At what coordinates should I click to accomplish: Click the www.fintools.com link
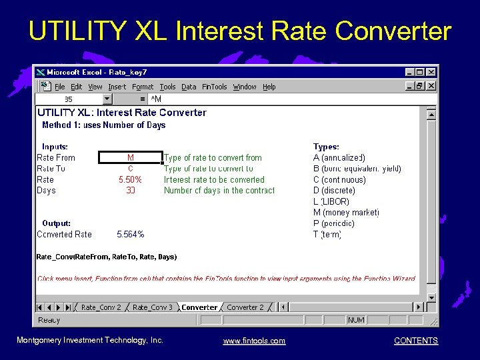tap(254, 341)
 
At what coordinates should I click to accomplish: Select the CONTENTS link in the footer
tap(416, 341)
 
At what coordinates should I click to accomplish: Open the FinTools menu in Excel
tap(215, 87)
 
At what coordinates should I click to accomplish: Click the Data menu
tap(189, 87)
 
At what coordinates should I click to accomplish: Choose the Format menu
tap(143, 87)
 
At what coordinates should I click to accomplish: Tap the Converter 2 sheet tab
tap(245, 307)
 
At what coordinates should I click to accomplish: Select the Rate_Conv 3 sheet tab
tap(153, 307)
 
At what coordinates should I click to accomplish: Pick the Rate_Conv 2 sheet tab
tap(101, 307)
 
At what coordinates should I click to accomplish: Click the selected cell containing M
tap(131, 158)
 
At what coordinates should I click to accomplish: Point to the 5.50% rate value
tap(131, 179)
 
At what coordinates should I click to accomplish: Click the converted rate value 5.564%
tap(131, 234)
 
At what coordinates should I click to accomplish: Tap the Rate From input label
tap(56, 158)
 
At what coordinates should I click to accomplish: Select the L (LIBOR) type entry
tap(331, 201)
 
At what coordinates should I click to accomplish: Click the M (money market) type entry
tap(346, 213)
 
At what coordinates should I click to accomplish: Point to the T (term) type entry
tap(327, 235)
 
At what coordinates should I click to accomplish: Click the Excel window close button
tap(431, 72)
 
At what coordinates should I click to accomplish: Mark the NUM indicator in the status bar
tap(356, 320)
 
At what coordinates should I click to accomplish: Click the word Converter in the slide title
tap(393, 31)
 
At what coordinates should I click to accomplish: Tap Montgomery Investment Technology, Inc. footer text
tap(90, 341)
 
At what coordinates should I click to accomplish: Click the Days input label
tap(47, 191)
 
